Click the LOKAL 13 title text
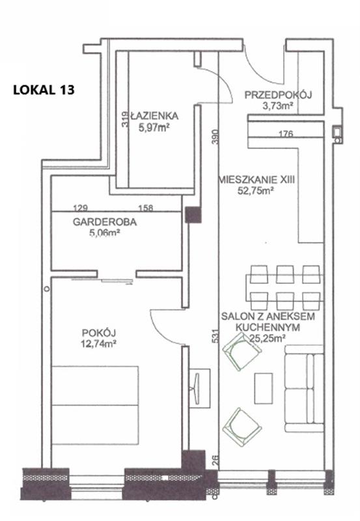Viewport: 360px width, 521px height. [44, 90]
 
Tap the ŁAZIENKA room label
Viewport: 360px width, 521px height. [154, 116]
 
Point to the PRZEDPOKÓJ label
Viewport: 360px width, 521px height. [279, 95]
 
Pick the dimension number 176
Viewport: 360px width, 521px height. [286, 134]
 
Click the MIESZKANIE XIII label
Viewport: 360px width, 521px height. [256, 180]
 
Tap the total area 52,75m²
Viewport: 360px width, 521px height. [256, 191]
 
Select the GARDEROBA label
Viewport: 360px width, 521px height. [105, 222]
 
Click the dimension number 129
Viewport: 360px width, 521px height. [80, 208]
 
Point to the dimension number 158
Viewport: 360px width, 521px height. [145, 208]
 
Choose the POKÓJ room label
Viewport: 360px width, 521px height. [99, 333]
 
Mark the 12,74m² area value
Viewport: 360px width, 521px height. [98, 344]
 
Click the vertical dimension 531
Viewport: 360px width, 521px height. [215, 336]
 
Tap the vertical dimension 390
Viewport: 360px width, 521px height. [215, 136]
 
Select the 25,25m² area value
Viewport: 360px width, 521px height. [268, 338]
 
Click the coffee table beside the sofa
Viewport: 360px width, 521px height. [264, 388]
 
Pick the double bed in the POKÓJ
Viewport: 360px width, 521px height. [95, 405]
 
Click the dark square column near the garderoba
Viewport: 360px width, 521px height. [193, 215]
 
